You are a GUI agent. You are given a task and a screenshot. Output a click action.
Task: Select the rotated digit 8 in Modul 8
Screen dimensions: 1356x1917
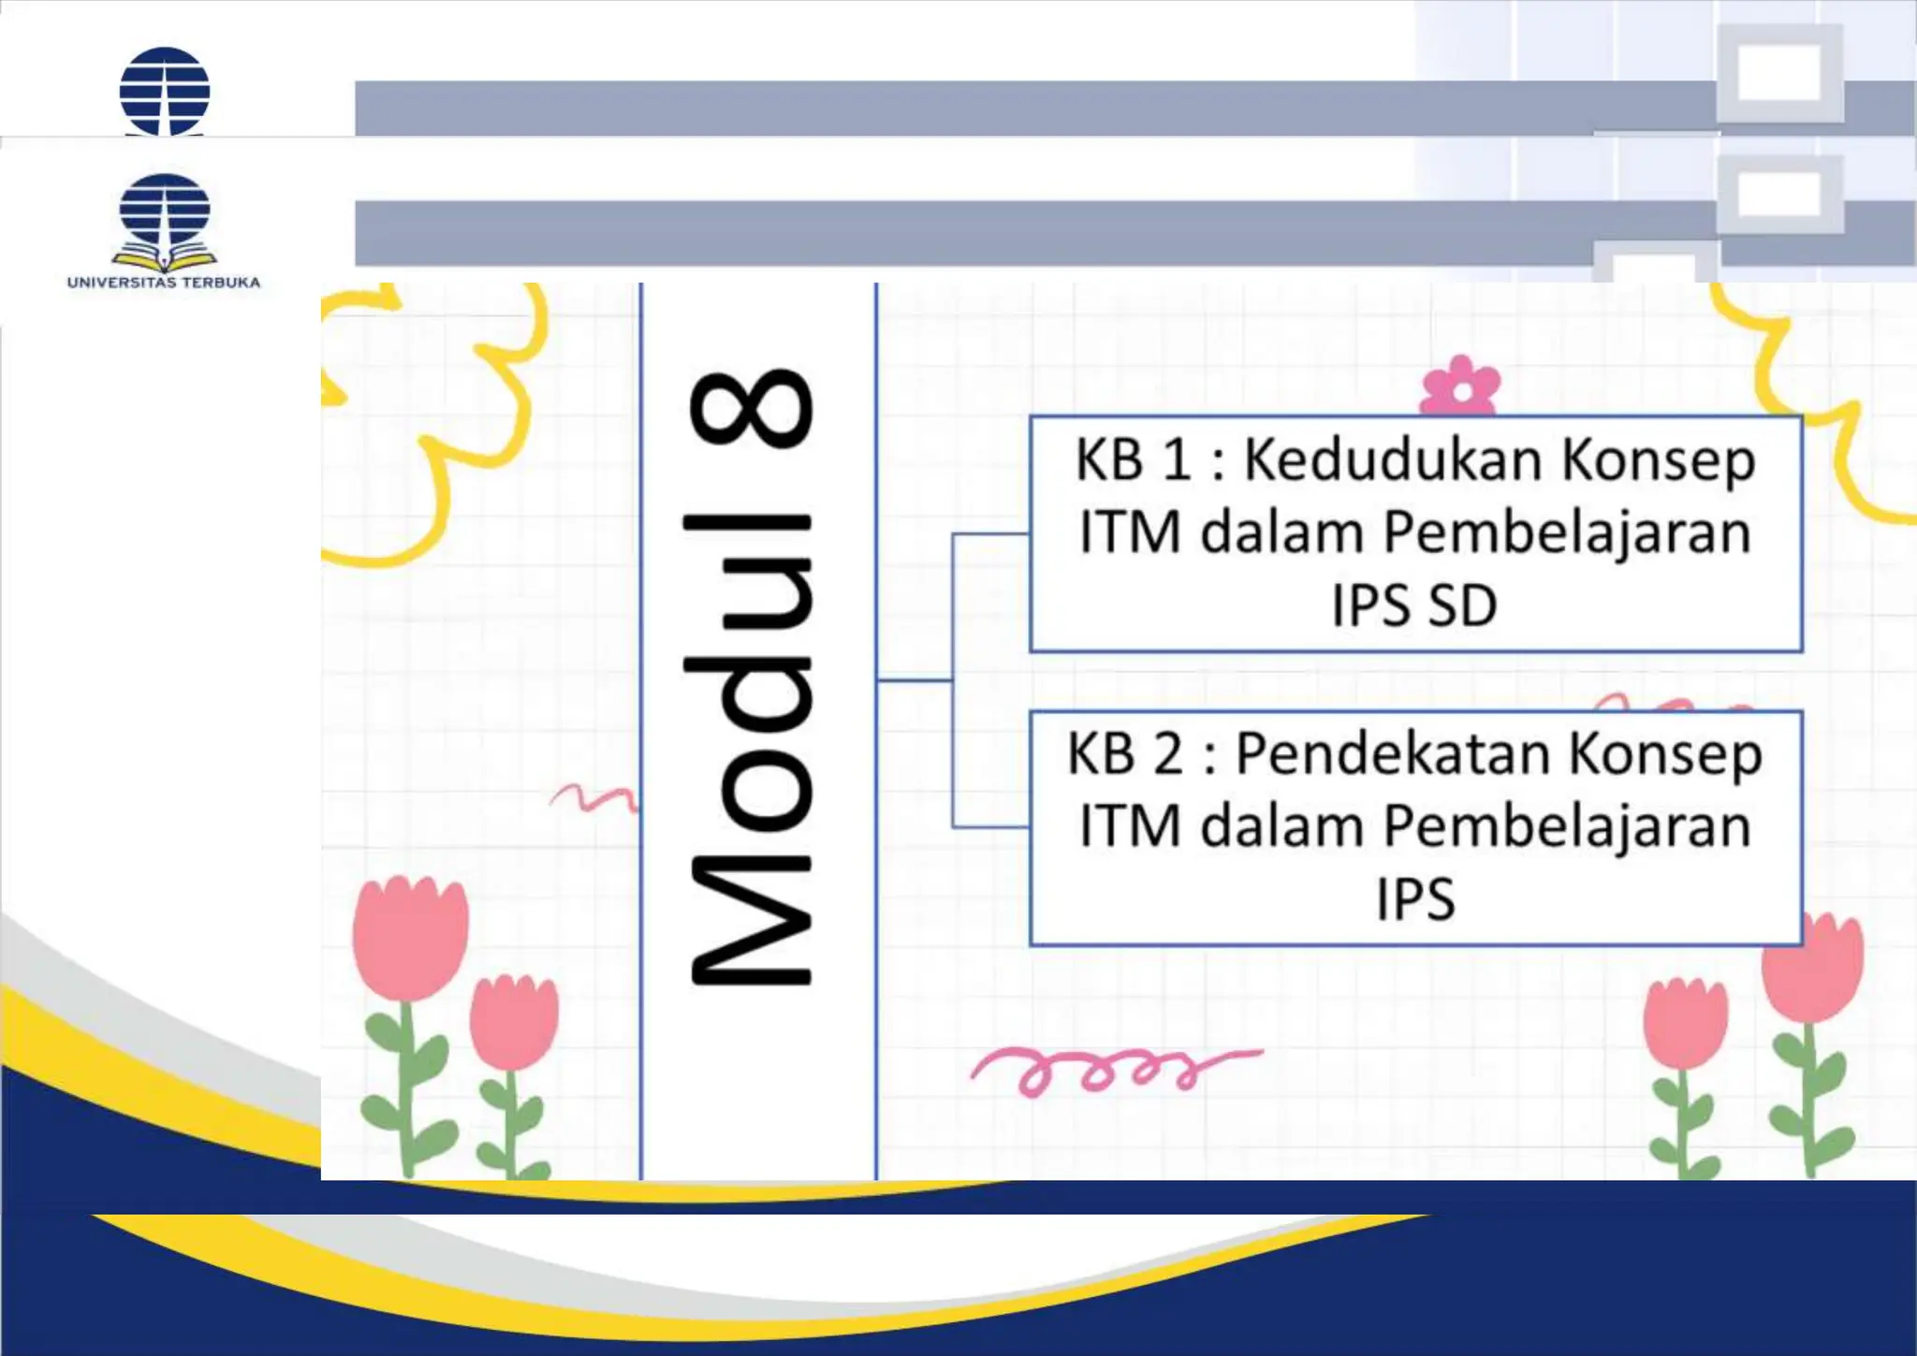tap(751, 408)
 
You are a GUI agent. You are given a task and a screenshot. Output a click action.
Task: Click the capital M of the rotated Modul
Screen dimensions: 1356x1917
tap(751, 922)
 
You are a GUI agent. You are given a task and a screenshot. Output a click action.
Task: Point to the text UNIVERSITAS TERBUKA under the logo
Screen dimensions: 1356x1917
tap(164, 282)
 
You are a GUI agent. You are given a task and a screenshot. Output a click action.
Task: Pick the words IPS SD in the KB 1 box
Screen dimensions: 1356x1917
tap(1414, 605)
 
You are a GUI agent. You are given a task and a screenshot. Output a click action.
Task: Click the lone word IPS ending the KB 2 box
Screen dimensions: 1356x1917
tap(1415, 899)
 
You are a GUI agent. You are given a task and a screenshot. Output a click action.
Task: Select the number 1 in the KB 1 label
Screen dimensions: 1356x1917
tap(1176, 460)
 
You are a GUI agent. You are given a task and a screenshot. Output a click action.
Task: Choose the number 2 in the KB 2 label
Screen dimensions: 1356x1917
tap(1168, 754)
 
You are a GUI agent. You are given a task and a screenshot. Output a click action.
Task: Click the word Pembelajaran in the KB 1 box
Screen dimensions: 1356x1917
tap(1566, 533)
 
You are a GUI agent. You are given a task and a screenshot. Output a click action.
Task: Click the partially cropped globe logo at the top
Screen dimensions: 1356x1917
tap(165, 92)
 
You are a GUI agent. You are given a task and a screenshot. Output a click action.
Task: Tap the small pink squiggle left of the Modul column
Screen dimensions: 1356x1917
tap(593, 797)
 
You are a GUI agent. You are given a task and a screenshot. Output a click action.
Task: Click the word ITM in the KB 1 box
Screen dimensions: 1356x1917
tap(1130, 533)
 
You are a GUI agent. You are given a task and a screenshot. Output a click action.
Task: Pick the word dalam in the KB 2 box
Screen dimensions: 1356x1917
tap(1280, 827)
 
